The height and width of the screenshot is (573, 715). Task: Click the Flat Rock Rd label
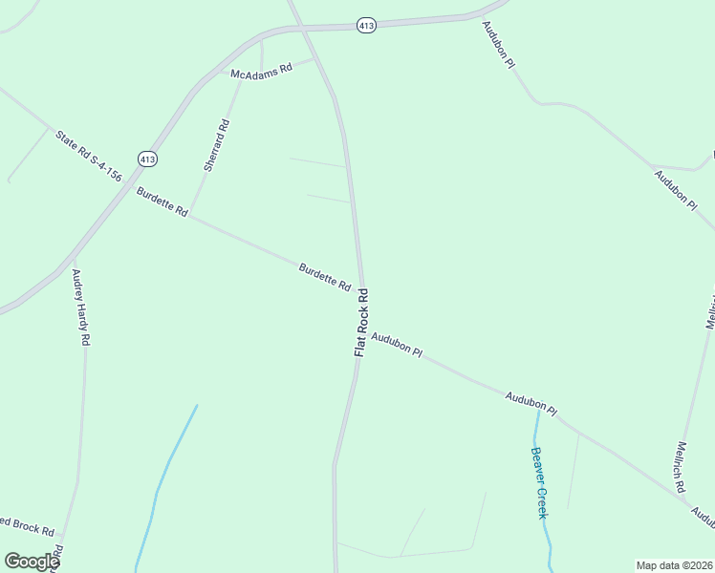pos(361,323)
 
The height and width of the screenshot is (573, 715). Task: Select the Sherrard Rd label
pos(216,145)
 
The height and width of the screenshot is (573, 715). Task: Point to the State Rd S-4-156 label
pos(88,156)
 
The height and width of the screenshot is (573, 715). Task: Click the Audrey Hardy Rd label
pos(81,307)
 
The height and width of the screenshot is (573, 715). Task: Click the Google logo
pos(32,562)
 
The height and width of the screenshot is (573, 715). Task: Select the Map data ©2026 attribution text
pos(674,564)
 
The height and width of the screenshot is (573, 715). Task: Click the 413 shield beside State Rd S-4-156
pos(146,159)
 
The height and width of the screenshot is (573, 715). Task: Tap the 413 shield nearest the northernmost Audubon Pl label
pos(366,26)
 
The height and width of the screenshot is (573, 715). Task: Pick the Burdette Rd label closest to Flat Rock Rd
pos(325,277)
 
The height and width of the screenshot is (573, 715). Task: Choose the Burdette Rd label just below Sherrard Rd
pos(162,202)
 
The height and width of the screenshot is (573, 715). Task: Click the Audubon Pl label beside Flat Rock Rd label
pos(397,344)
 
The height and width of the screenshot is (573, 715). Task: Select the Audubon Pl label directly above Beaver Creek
pos(531,402)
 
